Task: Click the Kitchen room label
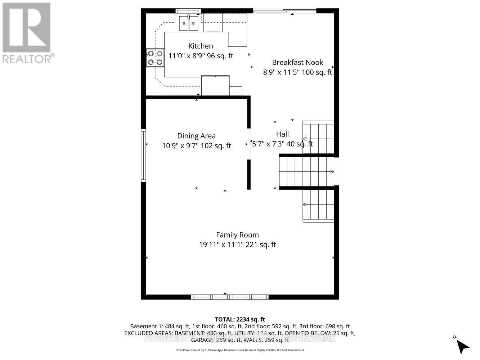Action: pos(201,46)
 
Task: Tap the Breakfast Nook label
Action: pos(297,62)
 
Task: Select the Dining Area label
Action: pos(196,136)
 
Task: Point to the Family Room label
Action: pos(237,235)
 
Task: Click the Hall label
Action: pos(282,134)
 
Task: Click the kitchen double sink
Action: pos(189,23)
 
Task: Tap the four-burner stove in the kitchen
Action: pos(155,58)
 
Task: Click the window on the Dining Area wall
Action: pos(143,155)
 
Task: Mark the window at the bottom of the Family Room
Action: pos(229,297)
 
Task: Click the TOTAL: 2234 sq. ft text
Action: pos(240,319)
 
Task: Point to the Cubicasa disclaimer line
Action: pos(240,350)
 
